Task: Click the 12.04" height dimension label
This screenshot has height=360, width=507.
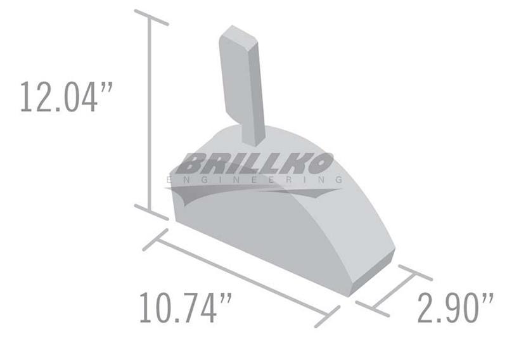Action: [x=67, y=97]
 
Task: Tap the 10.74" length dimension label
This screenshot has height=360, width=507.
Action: [x=185, y=307]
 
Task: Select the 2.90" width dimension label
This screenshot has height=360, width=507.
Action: [x=456, y=307]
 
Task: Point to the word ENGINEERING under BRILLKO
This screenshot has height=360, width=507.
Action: [x=254, y=180]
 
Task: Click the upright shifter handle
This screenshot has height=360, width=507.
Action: [x=242, y=85]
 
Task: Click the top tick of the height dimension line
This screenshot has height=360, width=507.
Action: [x=151, y=18]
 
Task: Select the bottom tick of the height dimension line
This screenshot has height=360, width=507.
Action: [x=151, y=212]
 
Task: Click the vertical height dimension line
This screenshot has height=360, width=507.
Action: [x=150, y=115]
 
